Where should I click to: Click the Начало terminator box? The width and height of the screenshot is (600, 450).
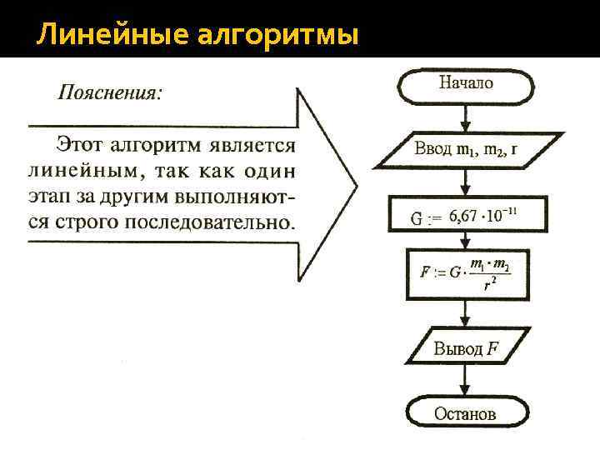click(x=466, y=83)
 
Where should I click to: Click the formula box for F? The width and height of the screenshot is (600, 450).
click(x=466, y=273)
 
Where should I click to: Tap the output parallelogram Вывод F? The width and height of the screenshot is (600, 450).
click(x=466, y=347)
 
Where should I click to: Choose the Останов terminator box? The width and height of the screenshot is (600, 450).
click(x=466, y=412)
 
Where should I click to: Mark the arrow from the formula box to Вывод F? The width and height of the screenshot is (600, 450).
click(x=466, y=314)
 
